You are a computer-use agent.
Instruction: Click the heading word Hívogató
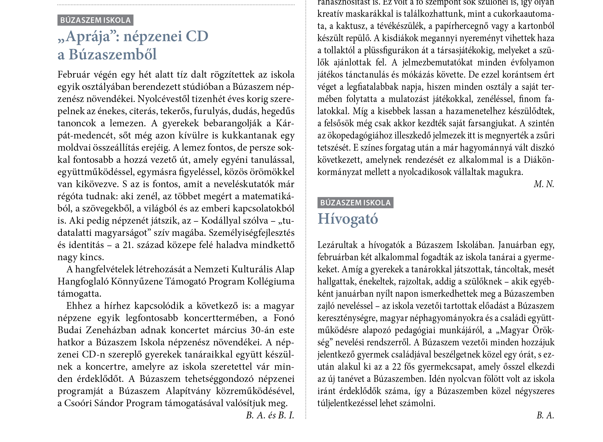(348, 219)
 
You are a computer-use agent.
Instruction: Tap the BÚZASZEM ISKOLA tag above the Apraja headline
(95, 20)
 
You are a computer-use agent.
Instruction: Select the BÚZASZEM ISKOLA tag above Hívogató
(355, 203)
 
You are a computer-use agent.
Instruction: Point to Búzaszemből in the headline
(112, 55)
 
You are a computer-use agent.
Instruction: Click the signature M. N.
(544, 184)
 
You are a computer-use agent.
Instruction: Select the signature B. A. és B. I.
(270, 415)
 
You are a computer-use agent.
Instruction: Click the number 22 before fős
(396, 367)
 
